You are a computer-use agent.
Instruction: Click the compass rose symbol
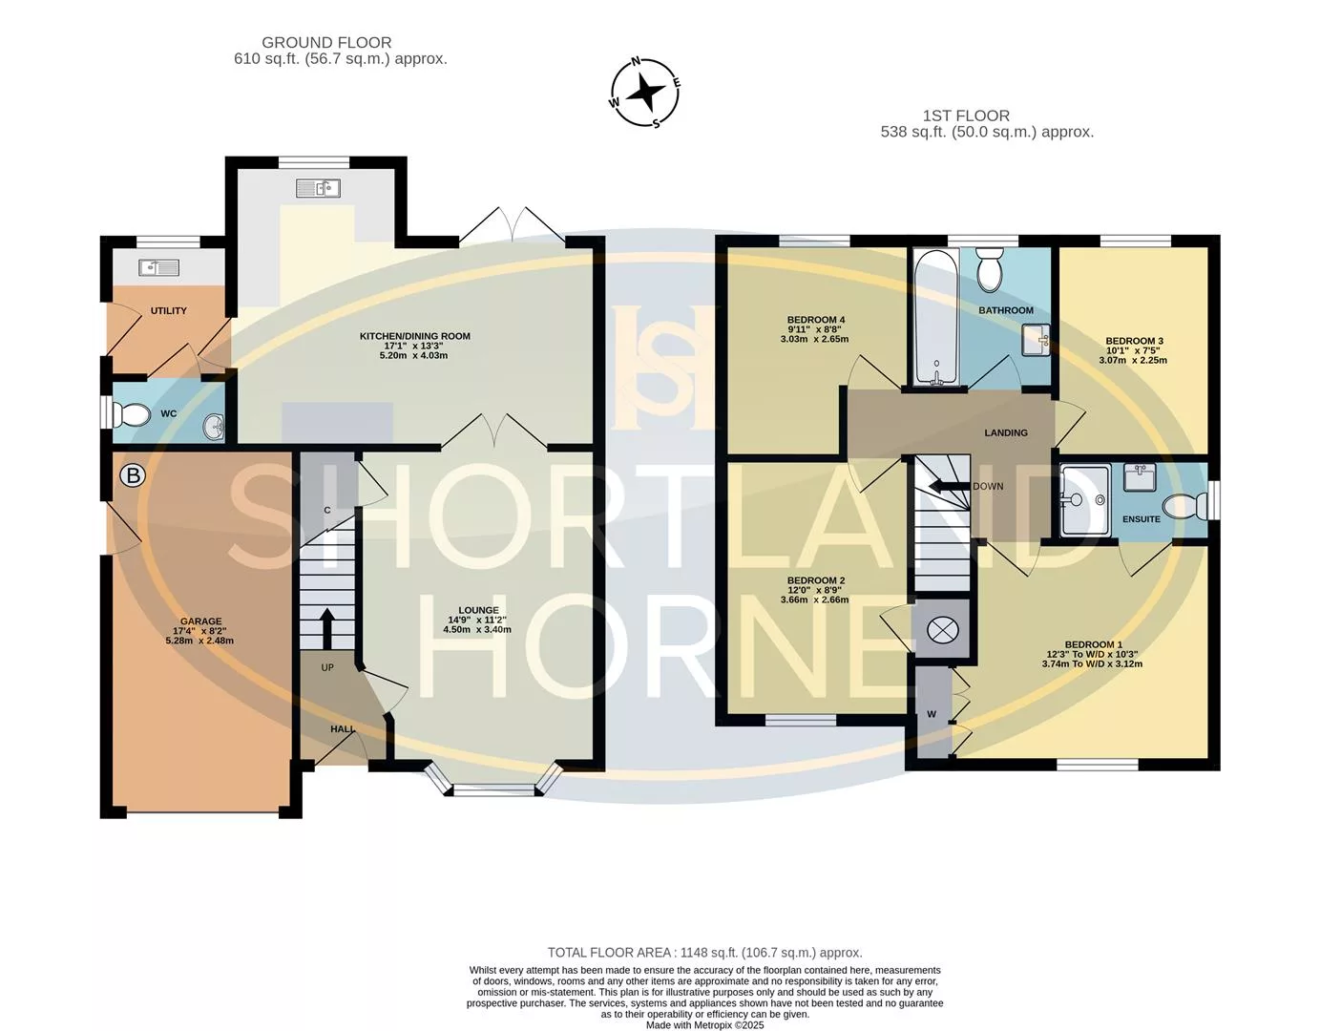pyautogui.click(x=644, y=93)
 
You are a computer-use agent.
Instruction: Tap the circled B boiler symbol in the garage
pyautogui.click(x=133, y=475)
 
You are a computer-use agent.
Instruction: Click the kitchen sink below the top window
pyautogui.click(x=318, y=188)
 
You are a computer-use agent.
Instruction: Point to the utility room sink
pyautogui.click(x=158, y=267)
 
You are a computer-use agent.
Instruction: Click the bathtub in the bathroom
pyautogui.click(x=936, y=318)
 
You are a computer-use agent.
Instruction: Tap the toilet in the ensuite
pyautogui.click(x=1184, y=507)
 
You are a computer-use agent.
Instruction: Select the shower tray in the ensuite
pyautogui.click(x=1085, y=500)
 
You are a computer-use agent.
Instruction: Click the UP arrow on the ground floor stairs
pyautogui.click(x=326, y=629)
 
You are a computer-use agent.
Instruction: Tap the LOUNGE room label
pyautogui.click(x=479, y=610)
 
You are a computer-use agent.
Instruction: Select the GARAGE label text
pyautogui.click(x=200, y=621)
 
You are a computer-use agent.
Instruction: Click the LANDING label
pyautogui.click(x=1006, y=432)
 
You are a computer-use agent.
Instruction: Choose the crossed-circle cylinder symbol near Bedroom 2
pyautogui.click(x=942, y=629)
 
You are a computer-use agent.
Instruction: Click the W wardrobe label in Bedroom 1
pyautogui.click(x=932, y=714)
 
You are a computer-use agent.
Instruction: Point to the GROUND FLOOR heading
pyautogui.click(x=326, y=43)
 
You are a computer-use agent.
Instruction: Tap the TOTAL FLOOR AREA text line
pyautogui.click(x=704, y=953)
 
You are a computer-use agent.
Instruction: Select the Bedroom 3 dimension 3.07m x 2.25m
pyautogui.click(x=1133, y=360)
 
